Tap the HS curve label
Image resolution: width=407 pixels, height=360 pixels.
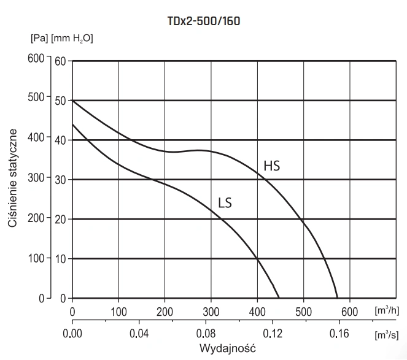click(x=272, y=166)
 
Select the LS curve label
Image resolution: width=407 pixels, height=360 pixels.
click(x=225, y=202)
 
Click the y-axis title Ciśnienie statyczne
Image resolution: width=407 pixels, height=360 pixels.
click(x=13, y=178)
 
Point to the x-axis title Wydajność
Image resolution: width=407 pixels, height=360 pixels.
click(x=227, y=348)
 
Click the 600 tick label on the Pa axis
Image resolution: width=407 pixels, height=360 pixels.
click(x=37, y=59)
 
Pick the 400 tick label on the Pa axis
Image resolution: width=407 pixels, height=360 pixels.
click(x=37, y=139)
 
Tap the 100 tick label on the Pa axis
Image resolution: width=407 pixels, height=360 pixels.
click(x=37, y=258)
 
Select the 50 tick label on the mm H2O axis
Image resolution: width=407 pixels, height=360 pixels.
click(x=60, y=100)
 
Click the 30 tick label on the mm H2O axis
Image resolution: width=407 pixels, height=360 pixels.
click(x=60, y=180)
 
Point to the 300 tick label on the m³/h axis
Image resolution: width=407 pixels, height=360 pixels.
click(x=211, y=312)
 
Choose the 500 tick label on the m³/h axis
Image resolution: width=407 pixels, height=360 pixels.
click(x=303, y=312)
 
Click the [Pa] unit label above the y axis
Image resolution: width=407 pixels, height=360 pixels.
click(x=39, y=38)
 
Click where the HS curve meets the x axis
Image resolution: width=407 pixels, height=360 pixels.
click(x=338, y=299)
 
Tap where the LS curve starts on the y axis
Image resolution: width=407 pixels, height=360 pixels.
click(x=72, y=124)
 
